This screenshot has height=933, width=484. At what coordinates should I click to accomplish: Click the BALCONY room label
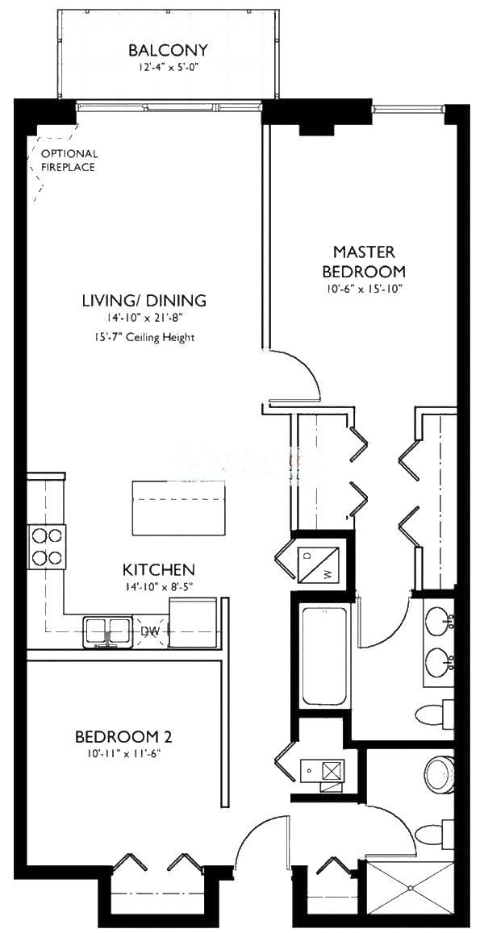[168, 51]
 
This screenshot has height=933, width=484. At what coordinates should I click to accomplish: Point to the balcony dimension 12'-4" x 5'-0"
[168, 68]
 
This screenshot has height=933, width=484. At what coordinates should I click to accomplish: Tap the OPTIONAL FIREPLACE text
[69, 160]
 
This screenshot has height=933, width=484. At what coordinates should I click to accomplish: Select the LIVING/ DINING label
[144, 301]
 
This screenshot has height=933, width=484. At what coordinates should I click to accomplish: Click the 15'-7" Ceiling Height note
[144, 337]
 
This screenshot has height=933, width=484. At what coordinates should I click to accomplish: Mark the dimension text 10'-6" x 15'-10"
[363, 288]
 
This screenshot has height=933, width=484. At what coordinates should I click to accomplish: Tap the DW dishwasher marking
[151, 631]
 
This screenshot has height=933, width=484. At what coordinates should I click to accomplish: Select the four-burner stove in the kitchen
[46, 546]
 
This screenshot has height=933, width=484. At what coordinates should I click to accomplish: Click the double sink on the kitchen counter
[108, 631]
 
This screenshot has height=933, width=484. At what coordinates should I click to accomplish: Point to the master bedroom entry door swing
[295, 376]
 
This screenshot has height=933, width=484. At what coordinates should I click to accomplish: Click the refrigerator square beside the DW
[193, 623]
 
